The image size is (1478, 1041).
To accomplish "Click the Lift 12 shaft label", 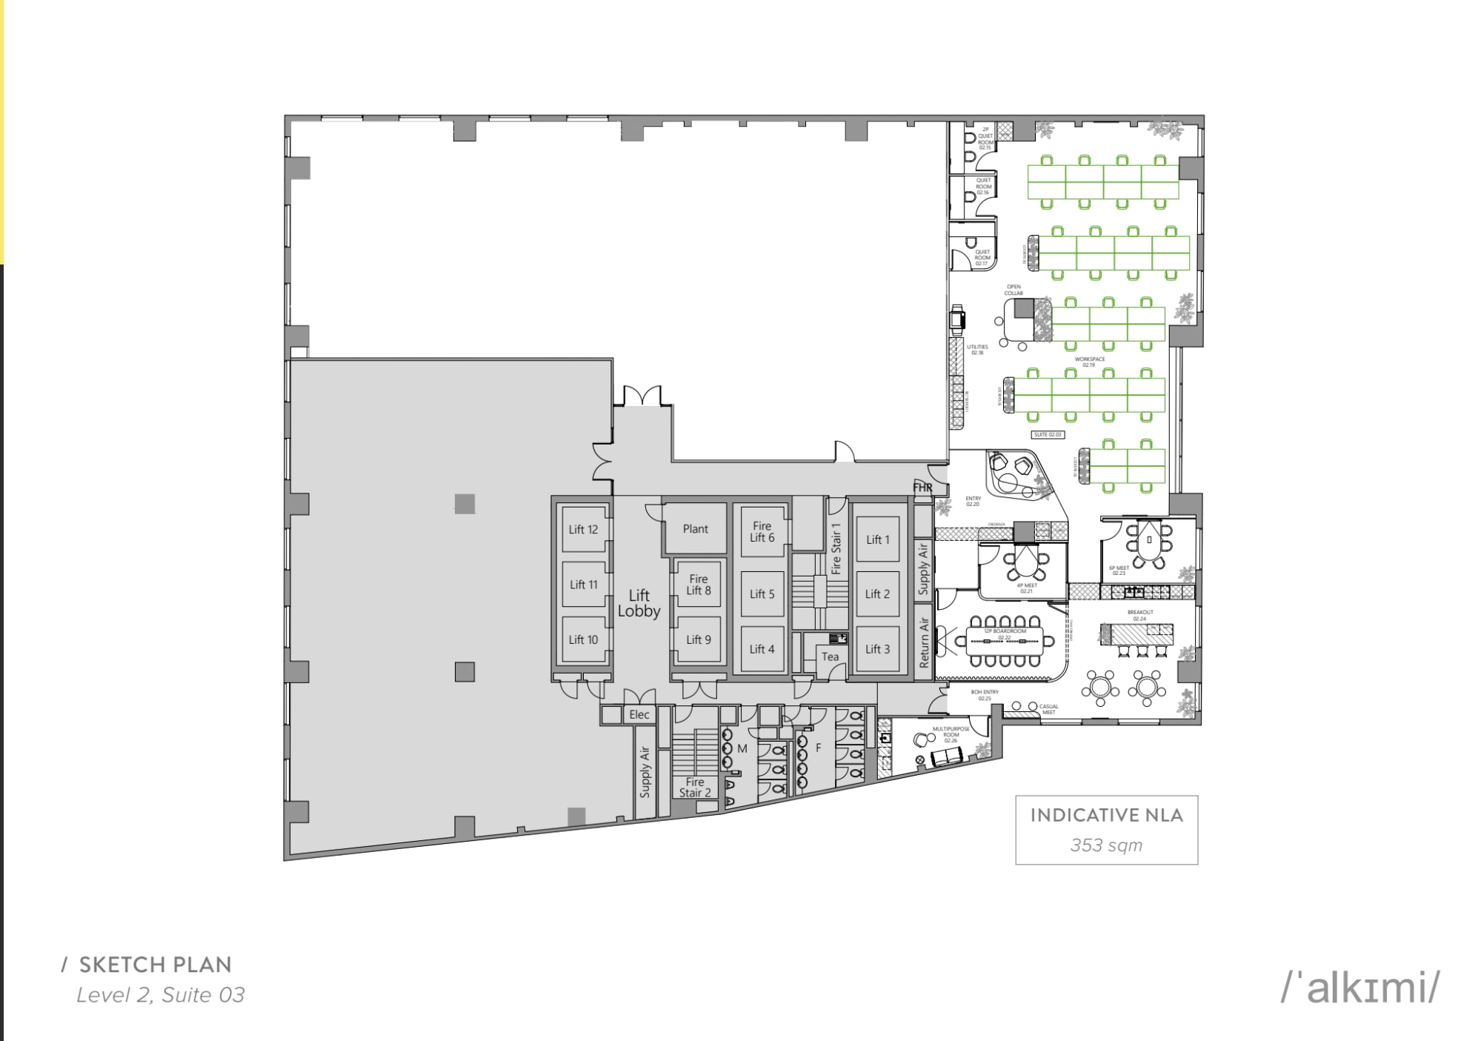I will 583,529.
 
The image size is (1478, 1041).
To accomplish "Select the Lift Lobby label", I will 639,603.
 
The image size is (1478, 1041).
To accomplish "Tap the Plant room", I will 695,528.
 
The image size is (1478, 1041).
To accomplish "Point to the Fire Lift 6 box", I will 762,531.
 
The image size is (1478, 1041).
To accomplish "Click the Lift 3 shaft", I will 876,649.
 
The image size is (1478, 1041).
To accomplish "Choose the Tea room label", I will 830,656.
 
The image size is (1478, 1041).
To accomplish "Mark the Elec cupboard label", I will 639,714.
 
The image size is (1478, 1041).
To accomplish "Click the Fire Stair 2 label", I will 695,787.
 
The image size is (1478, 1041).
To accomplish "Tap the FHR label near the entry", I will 922,488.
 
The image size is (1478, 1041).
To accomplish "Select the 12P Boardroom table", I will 1004,641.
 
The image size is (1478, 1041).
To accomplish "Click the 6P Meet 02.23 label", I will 1118,570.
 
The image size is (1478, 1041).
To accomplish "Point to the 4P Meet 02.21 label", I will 1026,588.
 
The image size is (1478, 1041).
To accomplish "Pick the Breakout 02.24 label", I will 1139,615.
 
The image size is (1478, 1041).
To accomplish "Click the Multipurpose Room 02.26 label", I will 951,734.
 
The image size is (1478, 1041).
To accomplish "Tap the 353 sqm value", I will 1105,845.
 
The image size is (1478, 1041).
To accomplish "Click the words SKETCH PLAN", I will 155,964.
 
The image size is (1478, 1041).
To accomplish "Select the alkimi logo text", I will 1360,988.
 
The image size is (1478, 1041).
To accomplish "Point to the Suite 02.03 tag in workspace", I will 1047,434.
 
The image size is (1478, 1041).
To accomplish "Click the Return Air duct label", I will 923,643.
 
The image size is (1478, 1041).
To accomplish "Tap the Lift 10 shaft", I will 583,639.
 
